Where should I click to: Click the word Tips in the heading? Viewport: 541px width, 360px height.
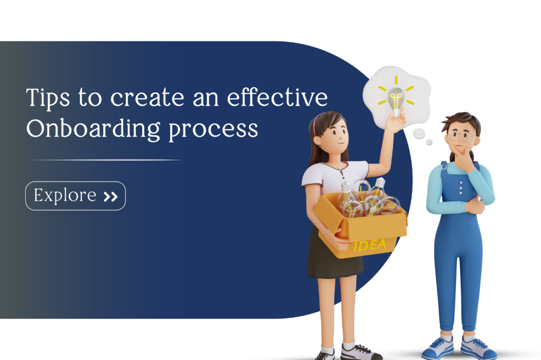48,98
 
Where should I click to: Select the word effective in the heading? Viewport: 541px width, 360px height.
277,97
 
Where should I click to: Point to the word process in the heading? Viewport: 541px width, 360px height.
213,131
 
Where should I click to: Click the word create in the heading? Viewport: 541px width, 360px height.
147,98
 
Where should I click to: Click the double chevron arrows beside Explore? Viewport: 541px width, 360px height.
111,197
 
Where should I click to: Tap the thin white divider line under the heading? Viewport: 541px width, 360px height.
104,160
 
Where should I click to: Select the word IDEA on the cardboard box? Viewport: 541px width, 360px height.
369,245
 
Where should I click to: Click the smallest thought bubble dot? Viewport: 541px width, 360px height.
429,142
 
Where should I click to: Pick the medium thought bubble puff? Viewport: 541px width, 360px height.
419,133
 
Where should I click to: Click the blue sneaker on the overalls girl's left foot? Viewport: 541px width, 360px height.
478,348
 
